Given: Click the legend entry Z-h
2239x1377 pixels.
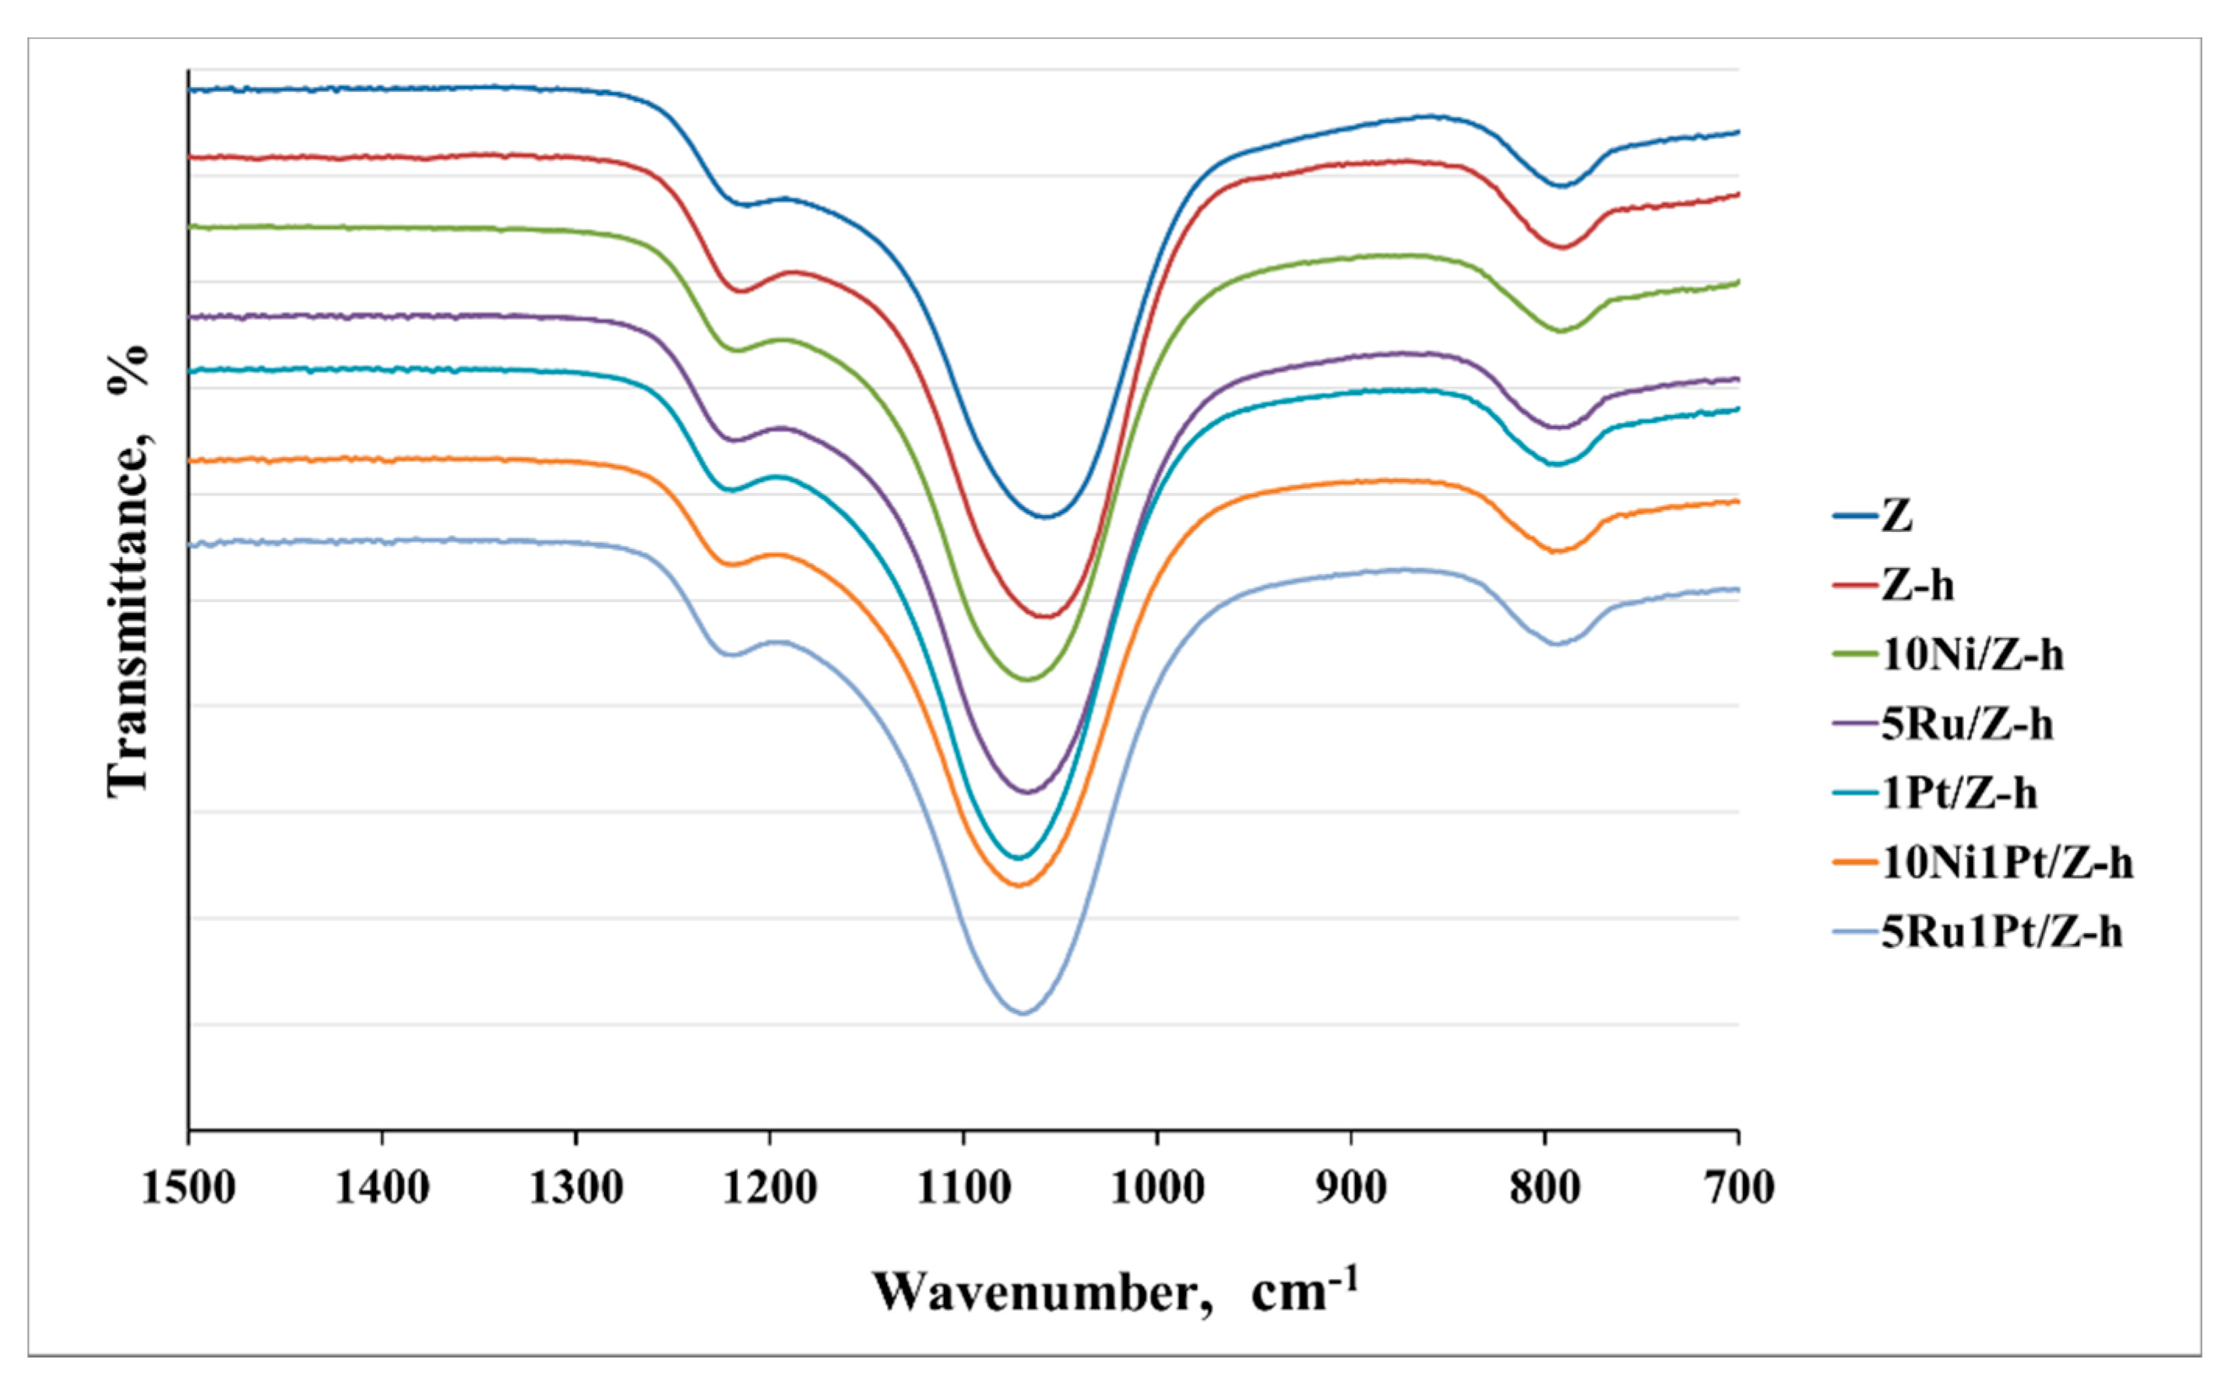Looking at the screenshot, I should coord(1917,585).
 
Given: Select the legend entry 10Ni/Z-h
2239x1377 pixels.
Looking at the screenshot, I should coord(1971,655).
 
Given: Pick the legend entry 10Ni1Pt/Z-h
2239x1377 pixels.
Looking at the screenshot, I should coord(2007,862).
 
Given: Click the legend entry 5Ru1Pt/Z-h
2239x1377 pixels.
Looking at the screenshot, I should coord(2001,932).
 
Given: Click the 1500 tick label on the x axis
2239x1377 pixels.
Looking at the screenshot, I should coord(188,1188).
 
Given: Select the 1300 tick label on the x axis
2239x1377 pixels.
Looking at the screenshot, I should coord(576,1188).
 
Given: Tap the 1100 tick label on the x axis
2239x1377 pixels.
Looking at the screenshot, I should coord(963,1188).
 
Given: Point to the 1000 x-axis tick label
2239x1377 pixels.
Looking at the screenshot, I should coord(1157,1188).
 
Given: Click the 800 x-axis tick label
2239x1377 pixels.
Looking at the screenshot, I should coord(1545,1188).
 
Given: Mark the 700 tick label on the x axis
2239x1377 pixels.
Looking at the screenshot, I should coord(1738,1188).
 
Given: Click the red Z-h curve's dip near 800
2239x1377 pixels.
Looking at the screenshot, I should coord(1562,247).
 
